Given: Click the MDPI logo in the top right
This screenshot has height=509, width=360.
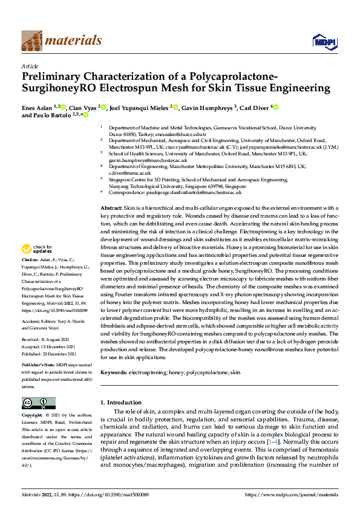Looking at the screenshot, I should click(x=324, y=41).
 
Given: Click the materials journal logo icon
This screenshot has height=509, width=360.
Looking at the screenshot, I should click(x=32, y=41).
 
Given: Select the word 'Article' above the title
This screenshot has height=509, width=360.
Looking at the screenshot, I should click(x=30, y=66).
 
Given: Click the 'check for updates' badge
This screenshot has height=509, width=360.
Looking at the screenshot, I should click(x=36, y=266).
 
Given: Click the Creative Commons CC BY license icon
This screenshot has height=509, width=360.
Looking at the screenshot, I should click(x=38, y=403).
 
